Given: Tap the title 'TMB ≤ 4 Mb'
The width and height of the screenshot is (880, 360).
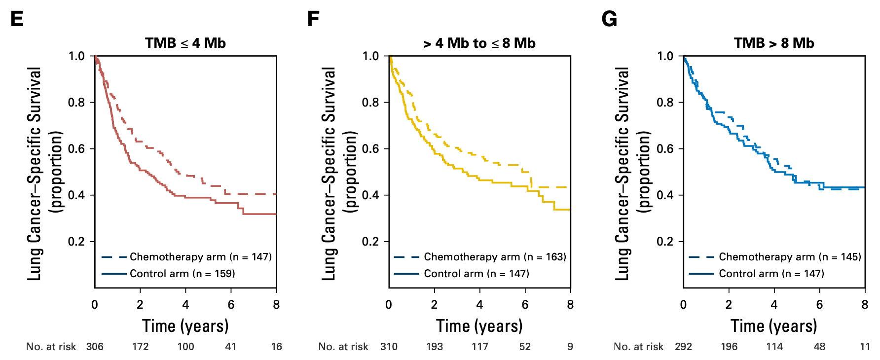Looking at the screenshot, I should click(185, 43).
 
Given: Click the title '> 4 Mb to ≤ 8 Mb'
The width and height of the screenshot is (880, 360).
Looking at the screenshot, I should click(479, 43).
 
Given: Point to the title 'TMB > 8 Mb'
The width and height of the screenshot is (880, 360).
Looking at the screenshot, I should click(774, 43).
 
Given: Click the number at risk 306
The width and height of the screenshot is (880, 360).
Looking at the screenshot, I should click(95, 347).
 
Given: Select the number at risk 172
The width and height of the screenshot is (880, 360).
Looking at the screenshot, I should click(140, 347).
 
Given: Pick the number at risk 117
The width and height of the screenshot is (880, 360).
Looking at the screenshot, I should click(479, 347).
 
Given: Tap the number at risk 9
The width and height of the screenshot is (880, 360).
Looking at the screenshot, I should click(570, 347).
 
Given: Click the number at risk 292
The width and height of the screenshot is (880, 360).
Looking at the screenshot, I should click(683, 347).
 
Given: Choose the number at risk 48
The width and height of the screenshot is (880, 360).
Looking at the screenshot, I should click(819, 347).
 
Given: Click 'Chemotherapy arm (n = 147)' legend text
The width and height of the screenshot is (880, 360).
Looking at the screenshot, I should click(201, 257).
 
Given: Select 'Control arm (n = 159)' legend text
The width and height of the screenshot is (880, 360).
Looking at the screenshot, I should click(182, 274).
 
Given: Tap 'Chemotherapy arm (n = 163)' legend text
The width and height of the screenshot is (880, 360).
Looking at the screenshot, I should click(495, 257).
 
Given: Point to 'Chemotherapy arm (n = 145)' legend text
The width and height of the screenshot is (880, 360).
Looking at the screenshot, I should click(790, 257).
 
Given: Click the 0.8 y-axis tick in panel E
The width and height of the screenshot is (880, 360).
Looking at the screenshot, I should click(76, 103).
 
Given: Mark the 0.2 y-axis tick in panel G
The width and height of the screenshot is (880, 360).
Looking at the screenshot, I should click(665, 242).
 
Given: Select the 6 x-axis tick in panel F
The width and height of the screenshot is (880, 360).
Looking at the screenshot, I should click(525, 305).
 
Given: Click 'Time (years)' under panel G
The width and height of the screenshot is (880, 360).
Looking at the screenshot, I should click(774, 326).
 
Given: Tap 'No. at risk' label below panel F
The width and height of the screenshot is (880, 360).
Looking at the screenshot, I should click(343, 347).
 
